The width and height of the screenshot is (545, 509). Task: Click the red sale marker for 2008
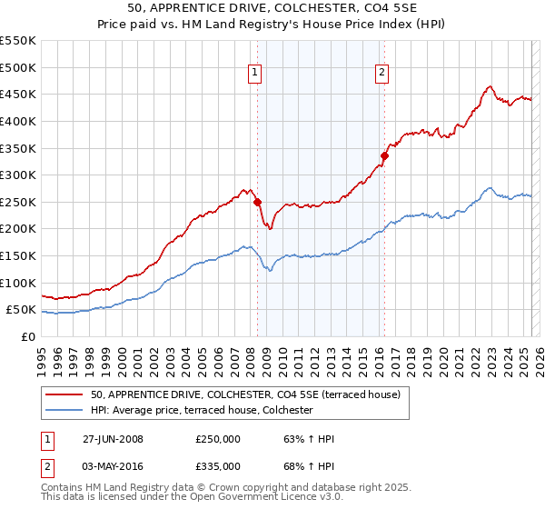tap(257, 202)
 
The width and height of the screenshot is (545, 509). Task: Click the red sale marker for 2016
tap(384, 155)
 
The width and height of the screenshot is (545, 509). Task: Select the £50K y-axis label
tap(22, 310)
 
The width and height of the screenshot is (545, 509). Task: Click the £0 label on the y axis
tap(27, 337)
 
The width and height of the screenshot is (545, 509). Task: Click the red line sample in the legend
tap(64, 394)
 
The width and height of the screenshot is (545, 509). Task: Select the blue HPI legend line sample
tap(64, 410)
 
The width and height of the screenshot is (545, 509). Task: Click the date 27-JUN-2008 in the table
tap(113, 439)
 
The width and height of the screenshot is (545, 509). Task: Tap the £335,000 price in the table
tap(217, 466)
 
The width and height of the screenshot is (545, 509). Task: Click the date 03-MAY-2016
tap(113, 466)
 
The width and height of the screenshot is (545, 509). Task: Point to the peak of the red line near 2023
tap(489, 87)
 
